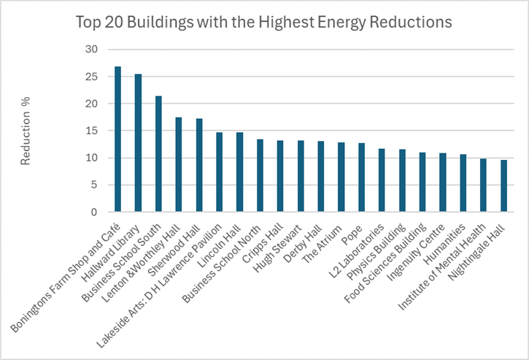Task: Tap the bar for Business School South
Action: (158, 154)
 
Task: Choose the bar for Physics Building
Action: (401, 181)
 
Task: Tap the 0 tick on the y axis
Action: (94, 212)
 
